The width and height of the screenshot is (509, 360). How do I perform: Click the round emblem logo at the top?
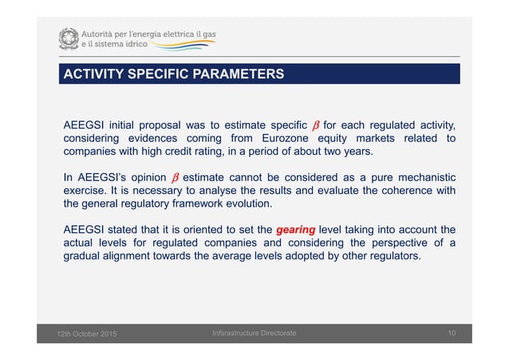(69, 38)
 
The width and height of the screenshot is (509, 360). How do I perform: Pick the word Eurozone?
(280, 138)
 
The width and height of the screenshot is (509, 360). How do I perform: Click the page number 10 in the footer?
(450, 333)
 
